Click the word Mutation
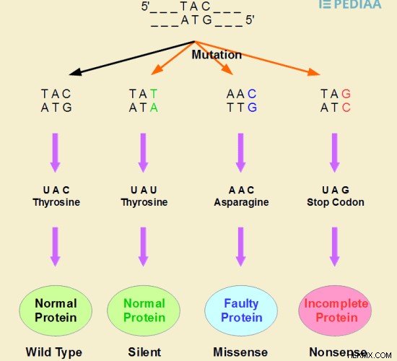[217, 55]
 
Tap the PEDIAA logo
[350, 4]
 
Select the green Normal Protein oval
[144, 310]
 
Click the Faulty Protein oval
[241, 310]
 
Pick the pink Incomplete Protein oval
[335, 310]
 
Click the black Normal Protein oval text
[56, 310]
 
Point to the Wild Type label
[54, 352]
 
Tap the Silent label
[144, 352]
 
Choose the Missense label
[240, 352]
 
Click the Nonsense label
[339, 352]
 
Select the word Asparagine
[241, 202]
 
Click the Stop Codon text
[336, 202]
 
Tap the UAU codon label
[144, 190]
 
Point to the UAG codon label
[336, 190]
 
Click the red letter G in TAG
[346, 94]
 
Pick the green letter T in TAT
[154, 94]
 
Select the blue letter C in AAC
[252, 94]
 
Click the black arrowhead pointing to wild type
[75, 72]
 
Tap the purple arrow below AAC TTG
[241, 153]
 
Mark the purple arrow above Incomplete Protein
[335, 247]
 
